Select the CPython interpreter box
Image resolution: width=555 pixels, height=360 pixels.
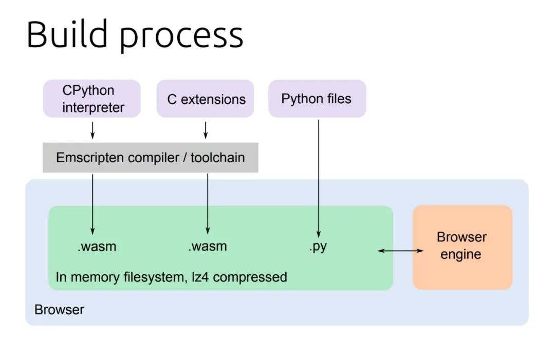coord(92,99)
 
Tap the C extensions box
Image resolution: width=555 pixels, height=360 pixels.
coord(205,99)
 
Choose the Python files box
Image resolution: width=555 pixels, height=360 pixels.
coord(317,99)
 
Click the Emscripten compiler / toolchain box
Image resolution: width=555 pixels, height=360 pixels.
coord(151,158)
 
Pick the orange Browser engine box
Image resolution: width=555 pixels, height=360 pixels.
coord(462,248)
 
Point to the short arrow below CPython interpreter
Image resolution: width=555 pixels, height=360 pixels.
coord(92,130)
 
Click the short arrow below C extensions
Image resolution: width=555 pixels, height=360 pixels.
coord(206,130)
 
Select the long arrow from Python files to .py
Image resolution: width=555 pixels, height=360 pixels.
coord(319,179)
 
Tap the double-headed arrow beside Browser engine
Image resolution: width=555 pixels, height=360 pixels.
coord(400,251)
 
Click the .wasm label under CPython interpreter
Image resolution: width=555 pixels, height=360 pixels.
coord(97,247)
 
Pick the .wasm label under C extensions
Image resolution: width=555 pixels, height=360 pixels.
coord(208,247)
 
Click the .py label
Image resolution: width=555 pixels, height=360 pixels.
coord(318,247)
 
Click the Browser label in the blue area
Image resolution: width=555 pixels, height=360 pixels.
coord(60,310)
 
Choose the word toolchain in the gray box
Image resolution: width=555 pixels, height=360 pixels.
coord(218,158)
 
